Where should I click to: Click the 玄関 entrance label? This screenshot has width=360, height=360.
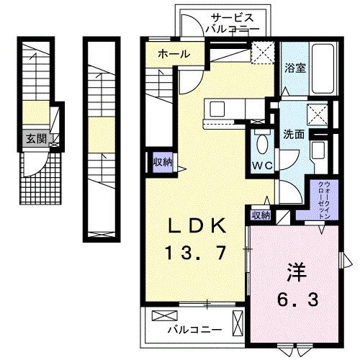pyautogui.click(x=35, y=139)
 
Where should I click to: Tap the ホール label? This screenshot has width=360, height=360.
pyautogui.click(x=174, y=54)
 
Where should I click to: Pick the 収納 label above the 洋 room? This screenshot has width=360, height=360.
pyautogui.click(x=260, y=215)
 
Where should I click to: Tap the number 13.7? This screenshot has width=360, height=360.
pyautogui.click(x=197, y=252)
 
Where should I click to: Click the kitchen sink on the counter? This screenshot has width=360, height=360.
pyautogui.click(x=217, y=109)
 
